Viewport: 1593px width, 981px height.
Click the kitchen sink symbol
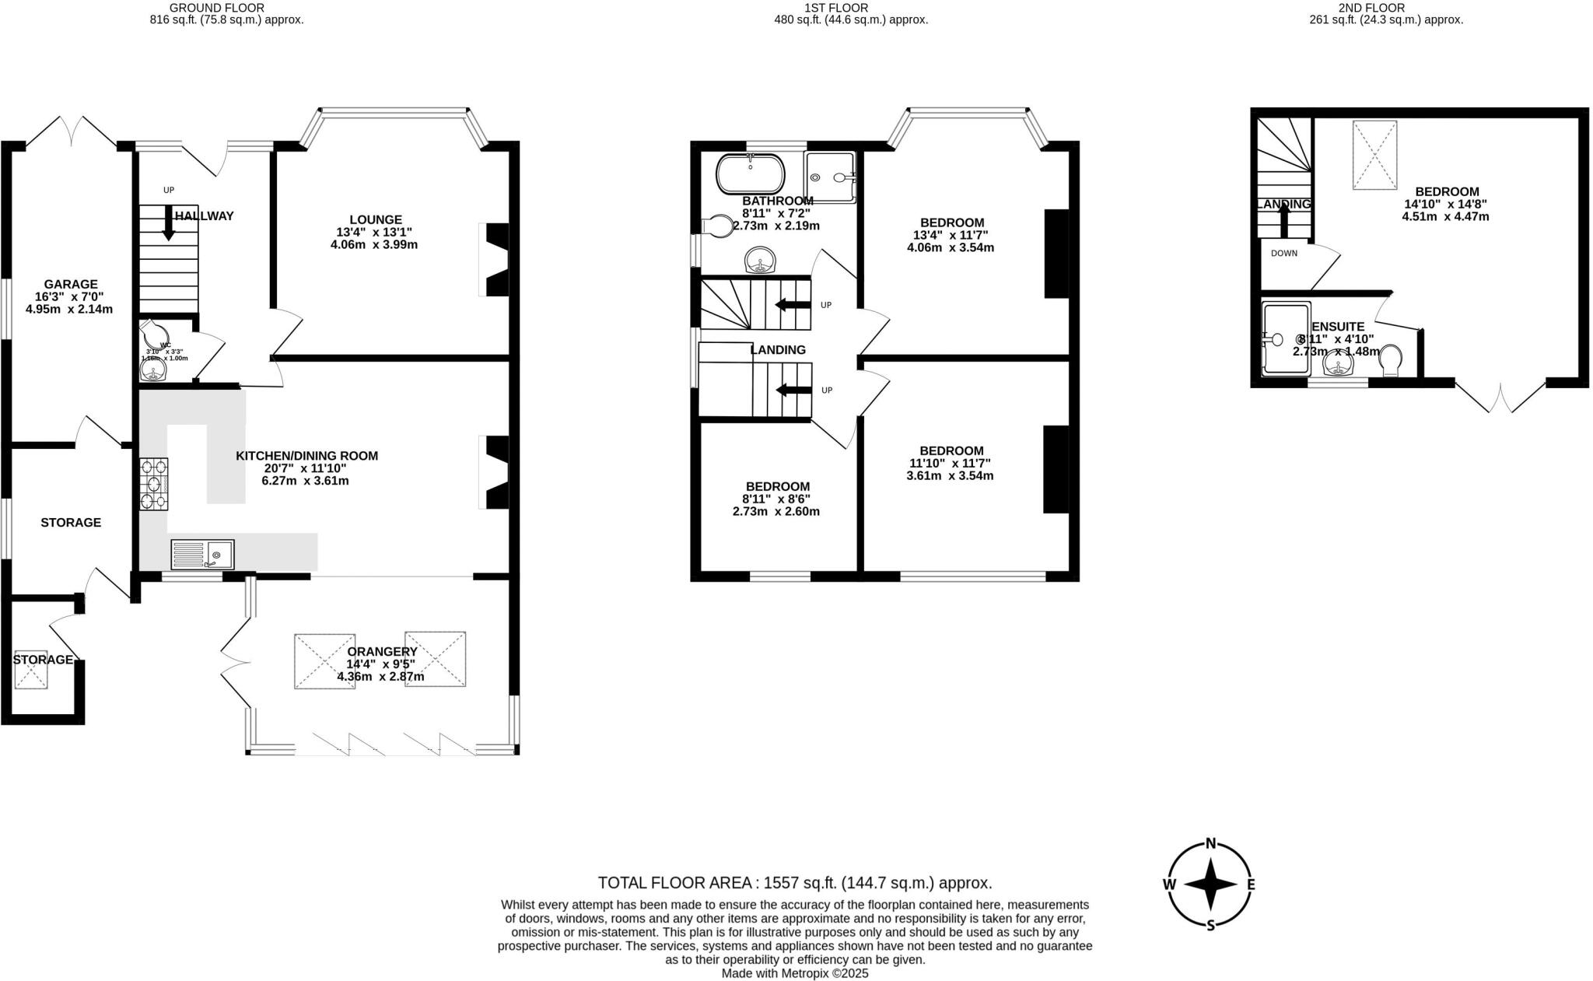click(202, 554)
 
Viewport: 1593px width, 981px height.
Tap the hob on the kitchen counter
click(153, 484)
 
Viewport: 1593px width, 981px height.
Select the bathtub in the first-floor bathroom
click(750, 174)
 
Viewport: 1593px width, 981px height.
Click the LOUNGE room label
click(375, 220)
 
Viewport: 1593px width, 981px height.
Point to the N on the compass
click(1210, 843)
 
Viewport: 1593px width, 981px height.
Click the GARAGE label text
click(70, 285)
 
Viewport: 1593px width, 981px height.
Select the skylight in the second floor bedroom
click(1374, 155)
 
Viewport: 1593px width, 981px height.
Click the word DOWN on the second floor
click(1284, 254)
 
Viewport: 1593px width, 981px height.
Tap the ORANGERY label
click(382, 652)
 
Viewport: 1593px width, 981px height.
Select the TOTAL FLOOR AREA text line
click(795, 883)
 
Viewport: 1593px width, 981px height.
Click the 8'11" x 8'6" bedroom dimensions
click(775, 499)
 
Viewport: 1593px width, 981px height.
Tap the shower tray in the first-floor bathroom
click(830, 177)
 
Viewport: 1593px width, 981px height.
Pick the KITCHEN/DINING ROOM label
click(306, 456)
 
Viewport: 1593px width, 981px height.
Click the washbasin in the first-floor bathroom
click(760, 260)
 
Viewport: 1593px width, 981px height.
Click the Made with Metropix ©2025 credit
click(795, 973)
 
